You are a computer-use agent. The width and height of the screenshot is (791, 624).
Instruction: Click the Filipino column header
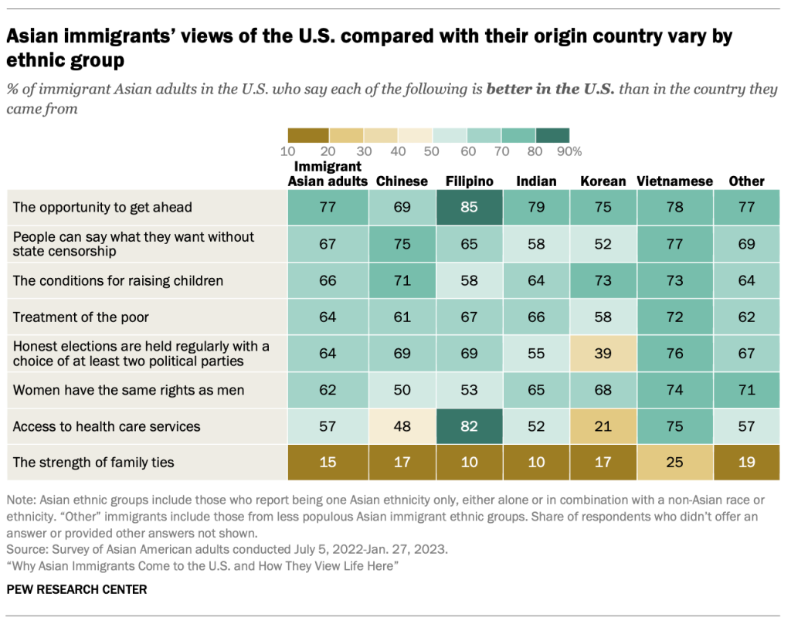click(x=470, y=181)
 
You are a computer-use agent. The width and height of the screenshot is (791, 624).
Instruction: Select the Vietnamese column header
click(x=674, y=181)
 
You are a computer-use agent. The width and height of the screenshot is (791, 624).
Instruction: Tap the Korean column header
click(x=603, y=181)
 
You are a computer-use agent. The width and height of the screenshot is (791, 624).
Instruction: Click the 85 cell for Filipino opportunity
click(x=470, y=207)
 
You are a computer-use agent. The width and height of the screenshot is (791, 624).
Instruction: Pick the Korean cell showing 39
click(x=603, y=354)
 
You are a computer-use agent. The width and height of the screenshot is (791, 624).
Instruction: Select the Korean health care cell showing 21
click(x=603, y=426)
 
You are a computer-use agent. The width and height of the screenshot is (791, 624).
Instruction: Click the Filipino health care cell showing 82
click(x=470, y=426)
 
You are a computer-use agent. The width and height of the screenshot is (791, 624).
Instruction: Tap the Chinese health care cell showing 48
click(x=402, y=426)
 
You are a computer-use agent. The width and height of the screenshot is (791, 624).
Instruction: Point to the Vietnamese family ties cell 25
click(x=674, y=463)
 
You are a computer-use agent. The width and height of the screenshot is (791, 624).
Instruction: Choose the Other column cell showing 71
click(x=746, y=390)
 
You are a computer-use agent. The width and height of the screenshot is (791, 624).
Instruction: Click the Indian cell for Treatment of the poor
click(x=535, y=317)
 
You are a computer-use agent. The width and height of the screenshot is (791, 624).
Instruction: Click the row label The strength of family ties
click(x=93, y=463)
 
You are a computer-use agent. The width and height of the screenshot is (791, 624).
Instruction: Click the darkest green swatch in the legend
click(x=552, y=135)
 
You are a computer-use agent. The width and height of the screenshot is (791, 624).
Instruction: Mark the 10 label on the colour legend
click(x=287, y=151)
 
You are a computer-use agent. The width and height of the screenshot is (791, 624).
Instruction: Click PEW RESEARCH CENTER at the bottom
click(x=76, y=589)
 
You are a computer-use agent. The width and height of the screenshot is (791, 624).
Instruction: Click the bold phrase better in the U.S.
click(x=550, y=89)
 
